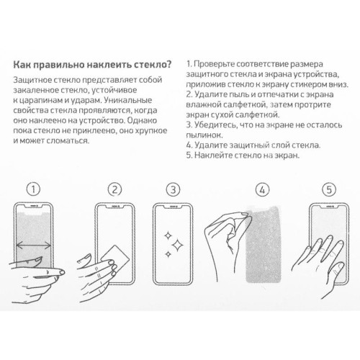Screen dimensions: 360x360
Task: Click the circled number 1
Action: (x=31, y=190)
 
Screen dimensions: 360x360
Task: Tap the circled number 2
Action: (x=113, y=190)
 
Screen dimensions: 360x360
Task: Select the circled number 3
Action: (x=172, y=190)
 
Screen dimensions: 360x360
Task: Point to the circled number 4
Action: (x=262, y=190)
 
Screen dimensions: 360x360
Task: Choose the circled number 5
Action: (x=329, y=190)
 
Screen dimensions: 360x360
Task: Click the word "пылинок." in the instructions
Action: (x=204, y=135)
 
